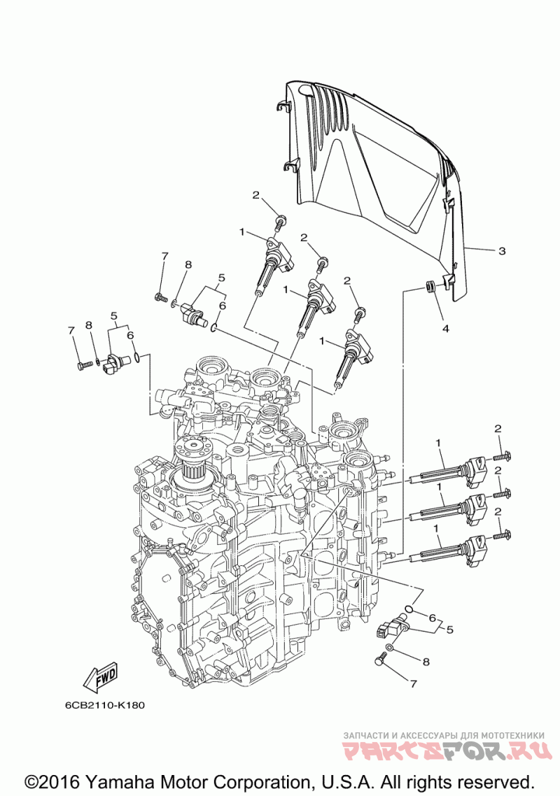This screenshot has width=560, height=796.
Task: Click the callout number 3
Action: click(x=502, y=251)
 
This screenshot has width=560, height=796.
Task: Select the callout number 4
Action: click(x=445, y=329)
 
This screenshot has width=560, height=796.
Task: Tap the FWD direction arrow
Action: click(x=100, y=677)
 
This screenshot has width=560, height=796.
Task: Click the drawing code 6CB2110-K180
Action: click(x=105, y=705)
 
